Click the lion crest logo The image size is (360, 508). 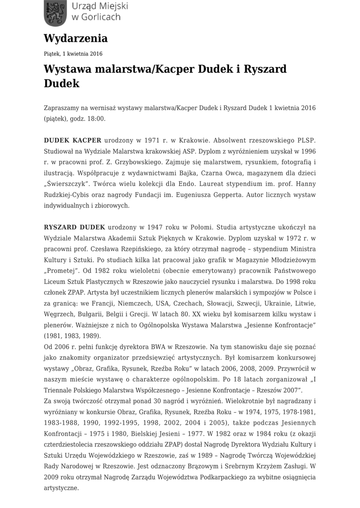(54, 13)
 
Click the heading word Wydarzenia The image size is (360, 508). (75, 38)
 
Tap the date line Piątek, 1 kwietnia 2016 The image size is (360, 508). (73, 54)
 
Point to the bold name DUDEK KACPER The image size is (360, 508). (72, 140)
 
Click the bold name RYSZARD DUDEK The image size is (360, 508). (74, 227)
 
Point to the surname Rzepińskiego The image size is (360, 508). (144, 249)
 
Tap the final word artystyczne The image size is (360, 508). (61, 488)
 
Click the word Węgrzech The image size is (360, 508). (59, 314)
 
